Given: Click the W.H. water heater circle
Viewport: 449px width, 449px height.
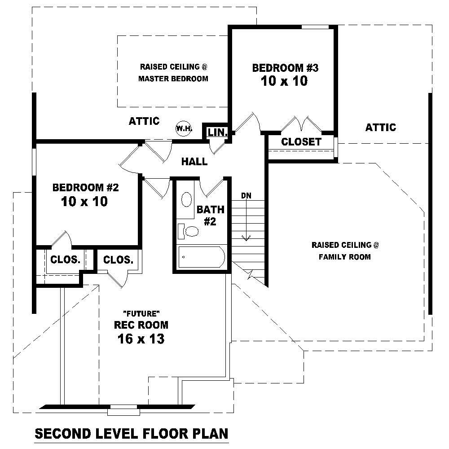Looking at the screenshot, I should pyautogui.click(x=184, y=128).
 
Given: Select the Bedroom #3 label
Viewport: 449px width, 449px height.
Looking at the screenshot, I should pyautogui.click(x=285, y=68).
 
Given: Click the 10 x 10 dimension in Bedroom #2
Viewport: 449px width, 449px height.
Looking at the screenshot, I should pyautogui.click(x=84, y=202).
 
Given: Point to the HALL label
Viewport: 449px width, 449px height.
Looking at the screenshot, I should pyautogui.click(x=194, y=161).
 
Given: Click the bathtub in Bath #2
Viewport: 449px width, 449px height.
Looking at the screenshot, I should pyautogui.click(x=202, y=257).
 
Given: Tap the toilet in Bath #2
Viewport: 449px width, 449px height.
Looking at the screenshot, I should pyautogui.click(x=191, y=231).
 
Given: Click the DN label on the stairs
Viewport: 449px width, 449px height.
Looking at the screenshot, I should pyautogui.click(x=246, y=195).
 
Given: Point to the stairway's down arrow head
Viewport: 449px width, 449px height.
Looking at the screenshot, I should pyautogui.click(x=246, y=238).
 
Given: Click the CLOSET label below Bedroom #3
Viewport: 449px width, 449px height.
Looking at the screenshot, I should pyautogui.click(x=301, y=142).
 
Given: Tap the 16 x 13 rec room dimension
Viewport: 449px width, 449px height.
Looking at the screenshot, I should pyautogui.click(x=141, y=339).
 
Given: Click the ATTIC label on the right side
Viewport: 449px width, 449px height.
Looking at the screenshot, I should pyautogui.click(x=380, y=128).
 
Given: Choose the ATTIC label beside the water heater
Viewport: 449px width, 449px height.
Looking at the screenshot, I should pyautogui.click(x=144, y=121).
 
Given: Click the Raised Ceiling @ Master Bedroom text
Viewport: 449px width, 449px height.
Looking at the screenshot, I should pyautogui.click(x=173, y=73).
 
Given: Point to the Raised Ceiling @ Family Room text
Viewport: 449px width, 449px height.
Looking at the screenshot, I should pyautogui.click(x=345, y=251).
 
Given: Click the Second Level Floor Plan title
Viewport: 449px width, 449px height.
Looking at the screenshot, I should pyautogui.click(x=132, y=434).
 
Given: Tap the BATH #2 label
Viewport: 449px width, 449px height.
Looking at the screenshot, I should pyautogui.click(x=210, y=215).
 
